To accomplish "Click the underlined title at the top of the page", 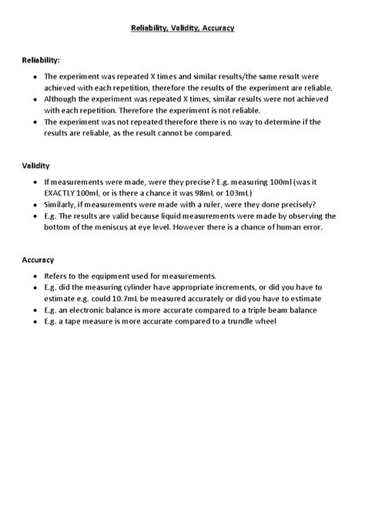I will coord(182,28).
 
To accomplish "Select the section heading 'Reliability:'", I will coord(41,59).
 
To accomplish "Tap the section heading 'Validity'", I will coord(36,165).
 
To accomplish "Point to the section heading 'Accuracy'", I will coord(38,260).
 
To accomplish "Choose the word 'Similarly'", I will coord(63,204).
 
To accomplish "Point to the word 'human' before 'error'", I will coord(288,227).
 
